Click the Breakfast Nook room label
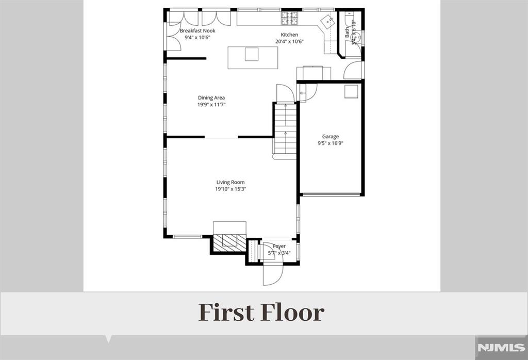click(x=197, y=31)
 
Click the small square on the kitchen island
click(x=252, y=54)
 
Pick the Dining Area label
click(x=211, y=97)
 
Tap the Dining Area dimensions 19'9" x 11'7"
click(x=211, y=105)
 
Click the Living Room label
click(x=230, y=182)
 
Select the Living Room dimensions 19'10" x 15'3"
click(x=230, y=189)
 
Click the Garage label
click(x=331, y=137)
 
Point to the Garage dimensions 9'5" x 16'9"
click(x=331, y=144)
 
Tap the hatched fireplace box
click(x=229, y=241)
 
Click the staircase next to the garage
click(x=285, y=129)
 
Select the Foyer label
click(x=279, y=247)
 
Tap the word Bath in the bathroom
click(x=347, y=31)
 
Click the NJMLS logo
click(x=501, y=348)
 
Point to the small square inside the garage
click(x=351, y=91)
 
